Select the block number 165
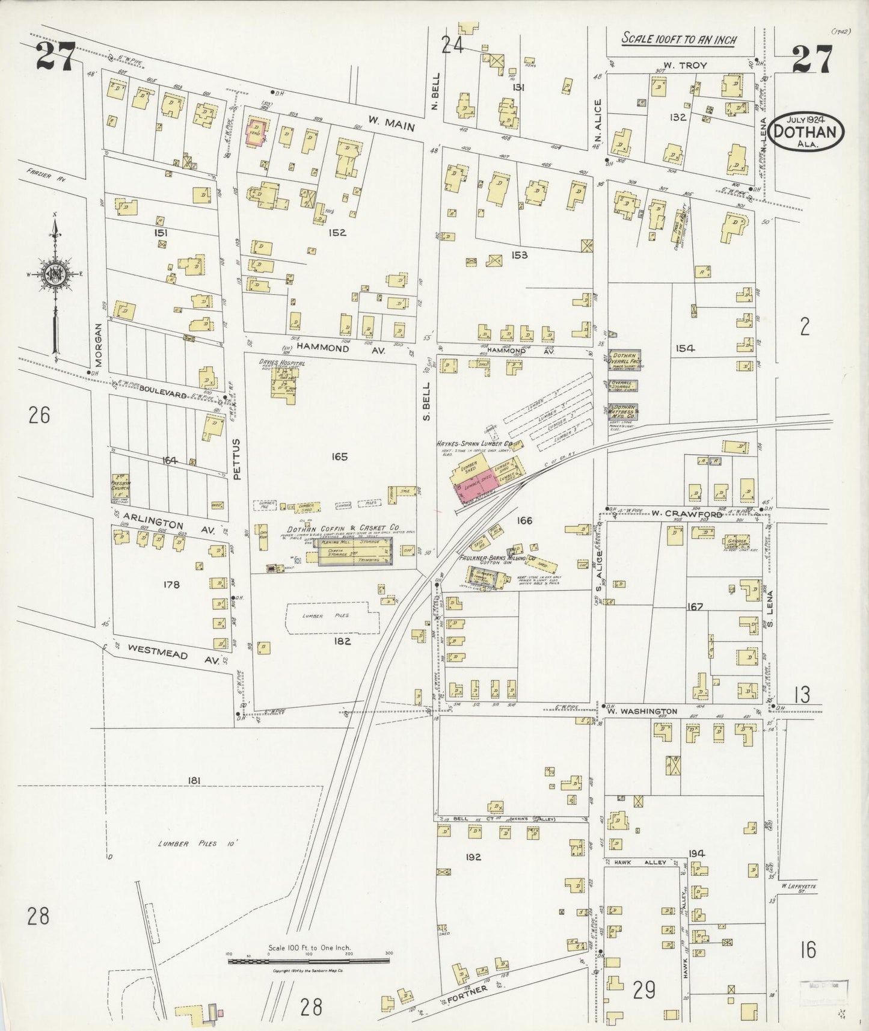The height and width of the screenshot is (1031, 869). [339, 457]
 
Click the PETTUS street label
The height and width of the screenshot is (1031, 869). [236, 458]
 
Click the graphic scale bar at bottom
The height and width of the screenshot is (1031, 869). [309, 961]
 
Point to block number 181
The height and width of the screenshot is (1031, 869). [193, 781]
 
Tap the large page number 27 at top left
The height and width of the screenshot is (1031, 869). [55, 58]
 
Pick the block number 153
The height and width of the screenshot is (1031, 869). [519, 255]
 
